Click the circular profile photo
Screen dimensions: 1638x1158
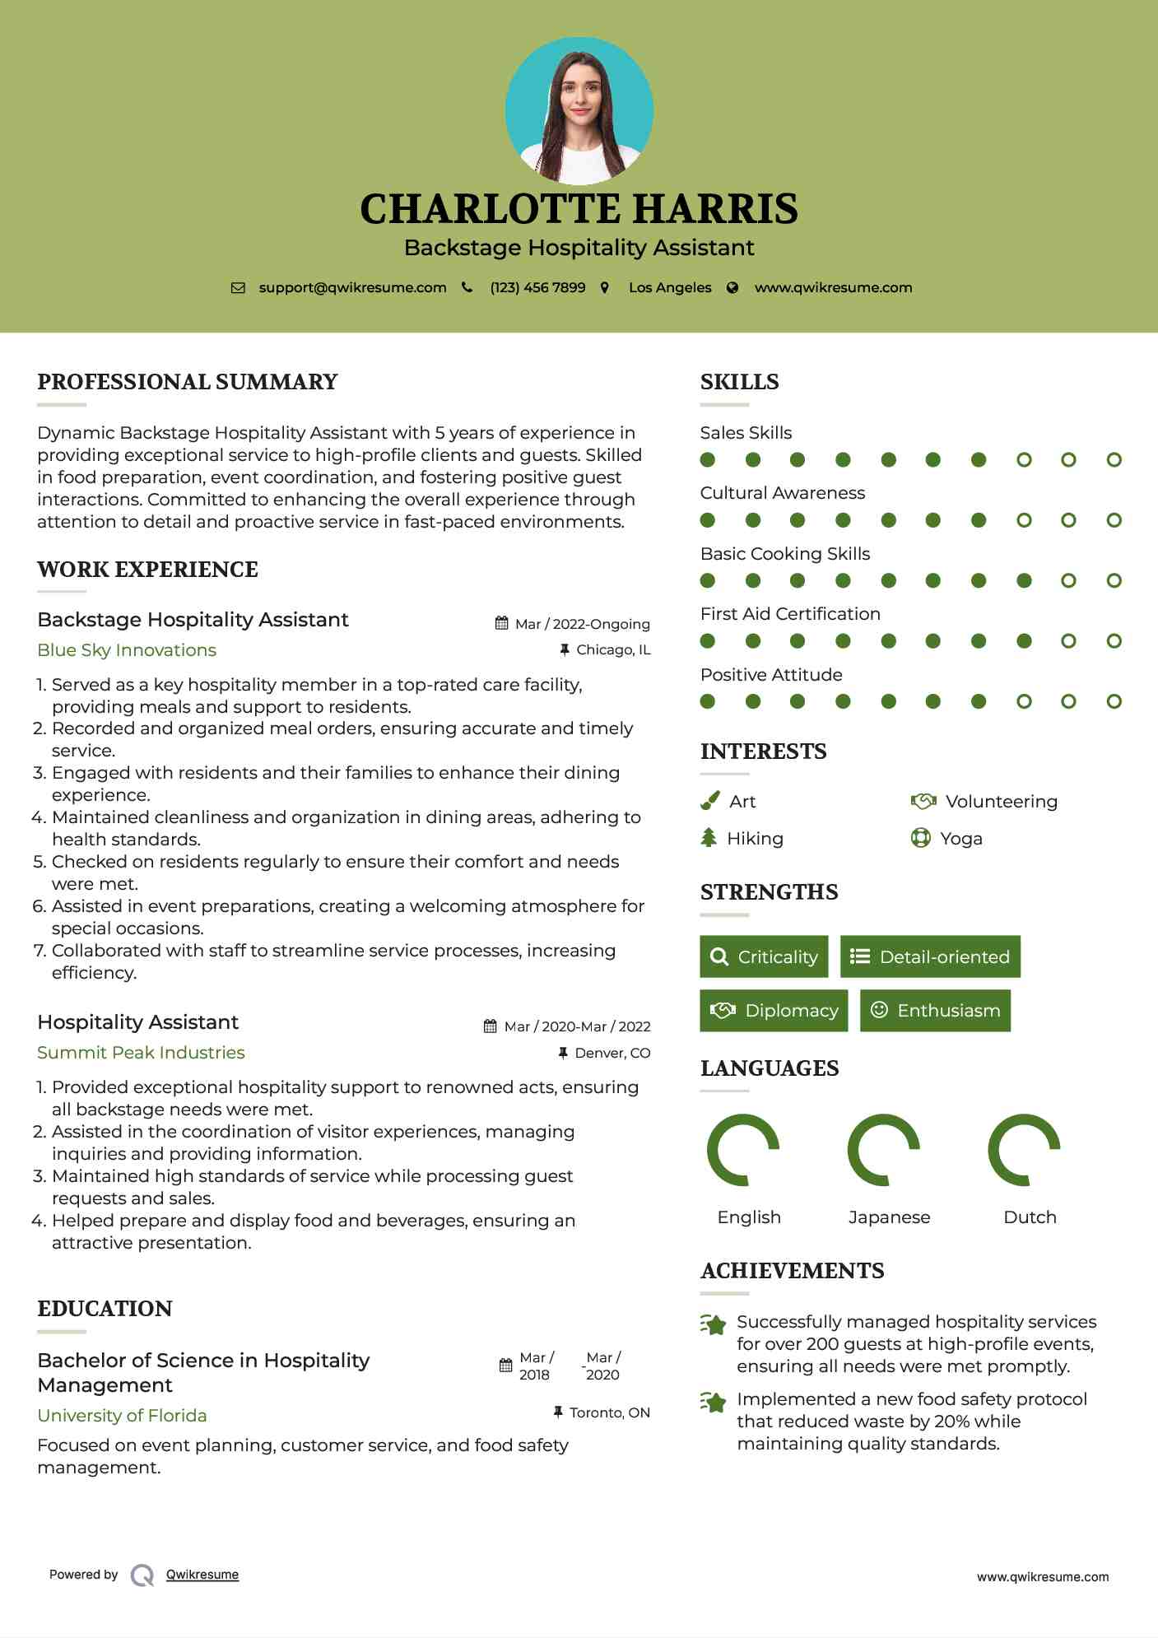point(579,110)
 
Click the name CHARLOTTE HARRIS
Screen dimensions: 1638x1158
point(579,209)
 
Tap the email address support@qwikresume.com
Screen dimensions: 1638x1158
point(352,287)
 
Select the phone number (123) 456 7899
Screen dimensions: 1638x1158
point(537,287)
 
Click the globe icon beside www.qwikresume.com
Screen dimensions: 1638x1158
point(732,287)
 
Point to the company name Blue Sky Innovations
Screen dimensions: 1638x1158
point(127,650)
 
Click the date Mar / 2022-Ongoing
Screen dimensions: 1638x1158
point(582,624)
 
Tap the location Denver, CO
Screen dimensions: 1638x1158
point(612,1053)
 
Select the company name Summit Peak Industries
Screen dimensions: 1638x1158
point(141,1053)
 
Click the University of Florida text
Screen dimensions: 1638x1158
point(122,1416)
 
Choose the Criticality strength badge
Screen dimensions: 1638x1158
point(764,956)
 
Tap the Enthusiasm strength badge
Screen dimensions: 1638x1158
point(935,1011)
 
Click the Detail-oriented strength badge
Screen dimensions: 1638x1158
point(930,956)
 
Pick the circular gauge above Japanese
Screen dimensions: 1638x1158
point(883,1150)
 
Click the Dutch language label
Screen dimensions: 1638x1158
point(1030,1217)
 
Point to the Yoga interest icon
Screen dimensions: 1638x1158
point(920,839)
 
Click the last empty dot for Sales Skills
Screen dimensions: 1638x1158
point(1114,460)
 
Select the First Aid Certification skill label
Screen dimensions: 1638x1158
point(790,614)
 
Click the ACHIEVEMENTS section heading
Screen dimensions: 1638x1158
point(792,1271)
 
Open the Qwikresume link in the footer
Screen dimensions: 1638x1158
point(202,1575)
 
